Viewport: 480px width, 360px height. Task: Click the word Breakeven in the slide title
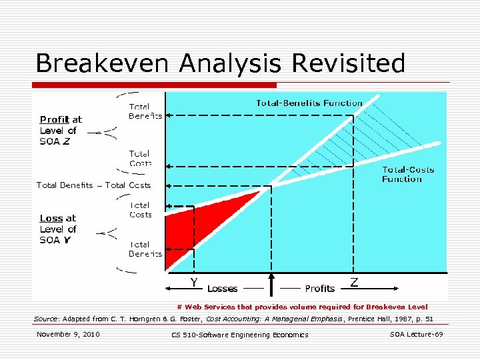click(98, 63)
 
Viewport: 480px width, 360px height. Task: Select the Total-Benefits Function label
click(309, 103)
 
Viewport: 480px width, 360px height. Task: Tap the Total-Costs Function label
click(407, 174)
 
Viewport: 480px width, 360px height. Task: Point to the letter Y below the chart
click(194, 283)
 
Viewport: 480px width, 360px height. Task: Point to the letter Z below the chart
click(354, 283)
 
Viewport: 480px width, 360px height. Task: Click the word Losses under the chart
click(223, 289)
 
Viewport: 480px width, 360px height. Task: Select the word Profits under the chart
click(319, 289)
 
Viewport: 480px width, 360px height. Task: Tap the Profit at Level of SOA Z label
click(60, 131)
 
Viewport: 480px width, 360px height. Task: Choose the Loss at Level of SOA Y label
click(58, 229)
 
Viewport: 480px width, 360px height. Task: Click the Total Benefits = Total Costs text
click(94, 185)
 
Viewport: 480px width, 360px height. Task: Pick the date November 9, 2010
click(68, 334)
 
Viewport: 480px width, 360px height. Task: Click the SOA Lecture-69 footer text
click(416, 334)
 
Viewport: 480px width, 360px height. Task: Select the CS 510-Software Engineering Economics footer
click(240, 335)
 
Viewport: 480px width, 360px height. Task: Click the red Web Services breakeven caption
click(302, 307)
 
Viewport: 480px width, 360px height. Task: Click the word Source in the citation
click(45, 319)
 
